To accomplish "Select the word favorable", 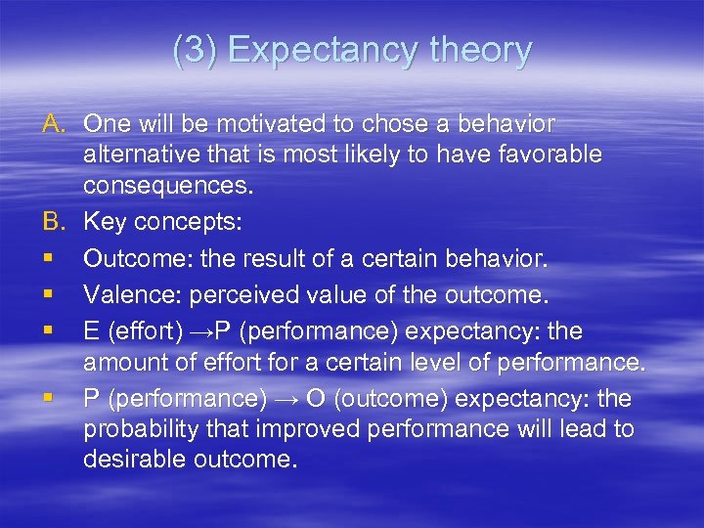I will [x=556, y=154].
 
